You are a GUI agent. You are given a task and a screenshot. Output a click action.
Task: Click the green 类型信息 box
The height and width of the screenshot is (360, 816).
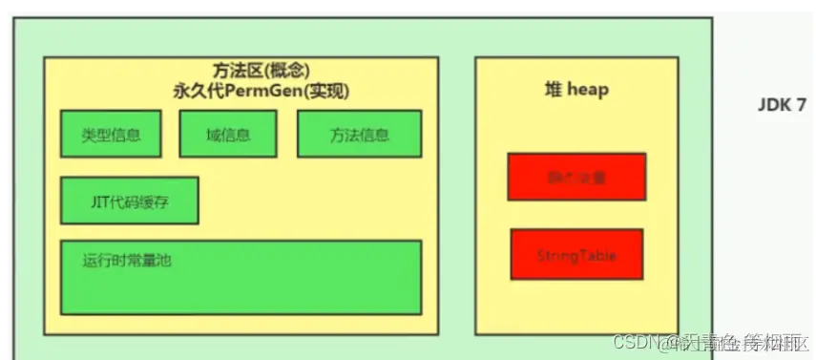pyautogui.click(x=111, y=134)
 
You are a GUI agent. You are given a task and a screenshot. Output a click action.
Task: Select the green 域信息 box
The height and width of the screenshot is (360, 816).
pyautogui.click(x=227, y=134)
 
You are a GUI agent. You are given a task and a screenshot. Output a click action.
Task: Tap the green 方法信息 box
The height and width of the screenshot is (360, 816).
pyautogui.click(x=359, y=134)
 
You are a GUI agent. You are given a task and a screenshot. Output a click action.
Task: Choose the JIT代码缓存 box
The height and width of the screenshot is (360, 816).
pyautogui.click(x=129, y=201)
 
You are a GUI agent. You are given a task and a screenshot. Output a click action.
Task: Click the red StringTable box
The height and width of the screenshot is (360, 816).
pyautogui.click(x=576, y=255)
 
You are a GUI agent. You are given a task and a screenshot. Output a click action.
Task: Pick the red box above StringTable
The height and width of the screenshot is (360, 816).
pyautogui.click(x=576, y=177)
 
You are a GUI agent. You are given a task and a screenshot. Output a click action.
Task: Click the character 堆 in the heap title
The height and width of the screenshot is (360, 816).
pyautogui.click(x=553, y=90)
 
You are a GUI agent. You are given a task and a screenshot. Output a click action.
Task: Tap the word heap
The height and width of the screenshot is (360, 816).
pyautogui.click(x=588, y=90)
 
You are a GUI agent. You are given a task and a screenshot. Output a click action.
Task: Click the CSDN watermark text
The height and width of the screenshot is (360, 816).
pyautogui.click(x=635, y=341)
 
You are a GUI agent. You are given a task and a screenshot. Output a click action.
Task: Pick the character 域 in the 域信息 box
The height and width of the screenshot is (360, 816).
pyautogui.click(x=212, y=135)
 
